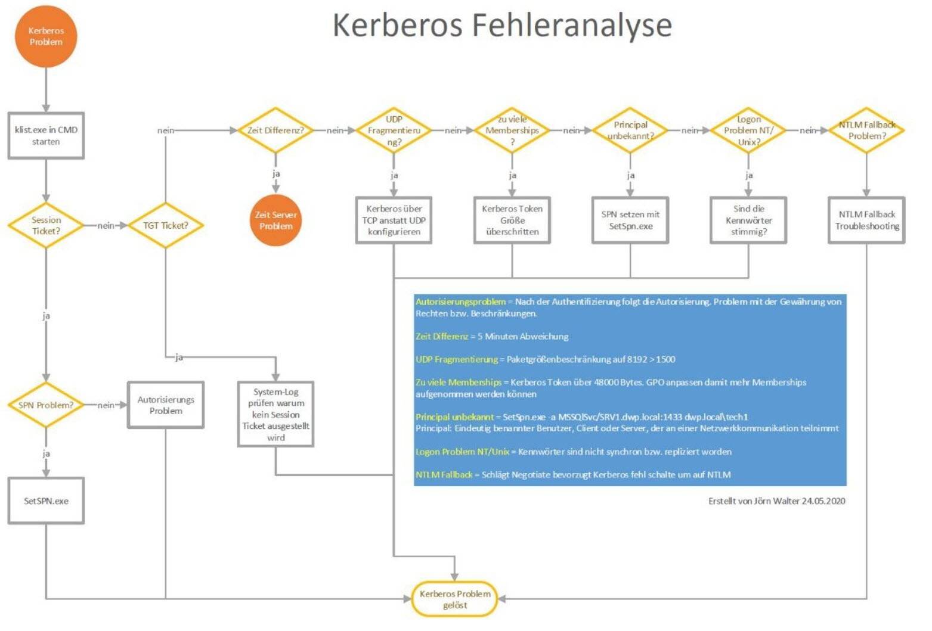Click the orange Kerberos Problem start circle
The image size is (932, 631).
(46, 36)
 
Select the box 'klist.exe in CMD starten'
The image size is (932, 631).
(46, 136)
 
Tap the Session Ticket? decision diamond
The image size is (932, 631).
(46, 225)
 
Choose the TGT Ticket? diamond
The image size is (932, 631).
(165, 225)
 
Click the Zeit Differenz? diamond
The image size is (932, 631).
(275, 130)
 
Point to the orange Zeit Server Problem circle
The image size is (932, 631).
(275, 220)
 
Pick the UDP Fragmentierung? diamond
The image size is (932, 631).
(394, 130)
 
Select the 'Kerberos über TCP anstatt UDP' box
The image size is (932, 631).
(394, 220)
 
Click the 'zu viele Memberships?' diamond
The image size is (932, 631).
(512, 130)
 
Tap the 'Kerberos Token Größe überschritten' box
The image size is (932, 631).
(512, 220)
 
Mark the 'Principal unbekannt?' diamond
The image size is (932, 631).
(630, 130)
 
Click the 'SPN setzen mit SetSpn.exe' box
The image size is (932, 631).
(630, 220)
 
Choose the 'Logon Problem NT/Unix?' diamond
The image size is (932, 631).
(748, 130)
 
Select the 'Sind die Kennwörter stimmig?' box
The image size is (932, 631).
(748, 220)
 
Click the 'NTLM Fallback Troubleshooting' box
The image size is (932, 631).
(866, 220)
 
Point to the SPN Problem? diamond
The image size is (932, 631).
(46, 405)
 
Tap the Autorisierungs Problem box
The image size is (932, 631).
(166, 405)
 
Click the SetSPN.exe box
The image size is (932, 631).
(46, 501)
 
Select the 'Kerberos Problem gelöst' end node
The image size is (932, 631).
(454, 599)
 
